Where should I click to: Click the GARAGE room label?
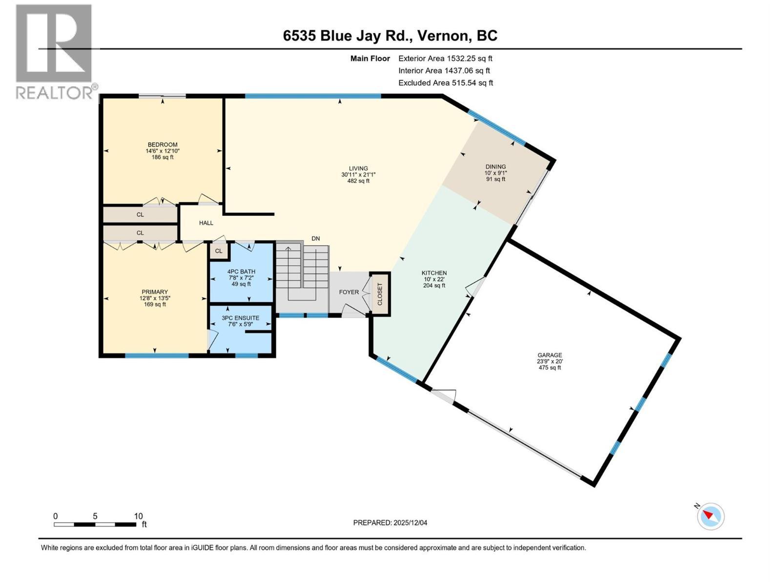[550, 355]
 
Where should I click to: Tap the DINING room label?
[495, 167]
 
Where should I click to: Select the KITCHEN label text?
[434, 273]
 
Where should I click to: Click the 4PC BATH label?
[241, 272]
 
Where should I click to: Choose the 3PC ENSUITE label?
[240, 317]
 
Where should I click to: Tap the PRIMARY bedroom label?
[155, 292]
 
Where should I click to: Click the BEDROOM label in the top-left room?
[163, 145]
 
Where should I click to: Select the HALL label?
[206, 223]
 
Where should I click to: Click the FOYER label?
[349, 292]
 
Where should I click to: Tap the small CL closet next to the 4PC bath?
[219, 251]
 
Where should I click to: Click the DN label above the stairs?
[316, 238]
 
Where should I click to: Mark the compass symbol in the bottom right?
[711, 516]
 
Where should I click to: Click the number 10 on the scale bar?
[138, 516]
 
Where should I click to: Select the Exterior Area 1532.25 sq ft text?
[445, 59]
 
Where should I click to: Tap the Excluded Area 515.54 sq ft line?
[445, 83]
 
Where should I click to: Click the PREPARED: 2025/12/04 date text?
[390, 523]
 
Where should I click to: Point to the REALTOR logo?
[55, 51]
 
